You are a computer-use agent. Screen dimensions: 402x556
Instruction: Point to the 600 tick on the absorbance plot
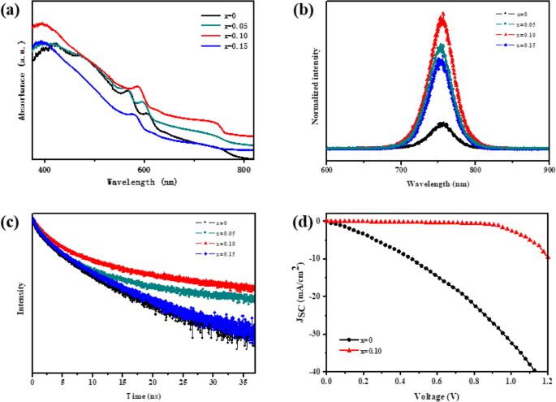point(144,169)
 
